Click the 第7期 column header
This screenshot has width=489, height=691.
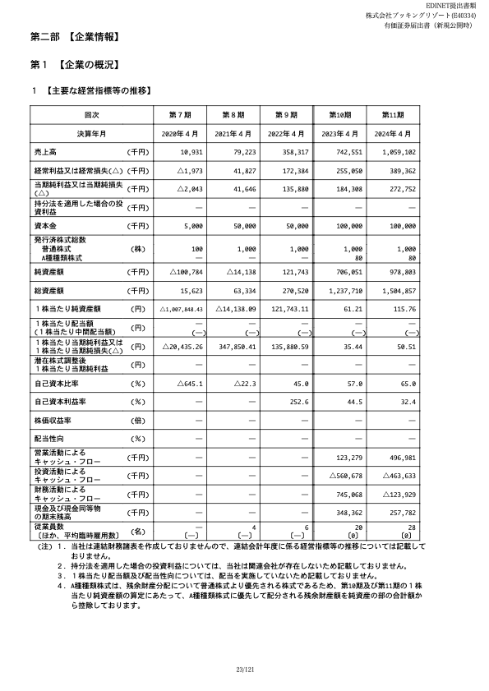coord(180,113)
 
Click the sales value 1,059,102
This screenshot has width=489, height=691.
coord(399,153)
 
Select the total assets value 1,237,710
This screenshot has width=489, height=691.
coord(345,290)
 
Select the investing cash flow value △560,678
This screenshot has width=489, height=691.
coord(346,476)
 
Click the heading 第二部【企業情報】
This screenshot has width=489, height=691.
coord(76,37)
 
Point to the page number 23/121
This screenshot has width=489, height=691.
coord(245,673)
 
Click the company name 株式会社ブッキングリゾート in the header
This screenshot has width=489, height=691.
coord(404,16)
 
